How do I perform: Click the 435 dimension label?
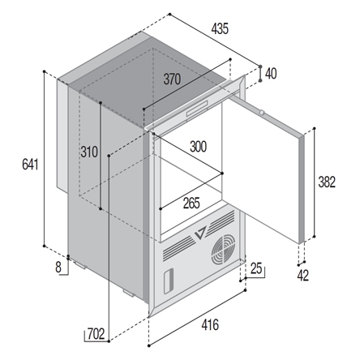coord(220,29)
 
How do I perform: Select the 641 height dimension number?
coord(30,165)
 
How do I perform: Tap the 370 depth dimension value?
coord(172,79)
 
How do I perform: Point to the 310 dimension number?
coord(89,152)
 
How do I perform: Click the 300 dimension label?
coord(199,147)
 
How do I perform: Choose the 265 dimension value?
coord(191,204)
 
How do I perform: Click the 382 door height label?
coord(327,182)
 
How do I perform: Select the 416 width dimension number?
coord(210,324)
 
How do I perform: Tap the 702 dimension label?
coord(96,334)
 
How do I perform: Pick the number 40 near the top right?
coord(271,74)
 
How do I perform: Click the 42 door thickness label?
coord(302,276)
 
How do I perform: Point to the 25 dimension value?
coord(256,268)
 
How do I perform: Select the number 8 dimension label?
coord(58,268)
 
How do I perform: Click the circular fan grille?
coord(223,250)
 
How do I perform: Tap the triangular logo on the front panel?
coord(201,233)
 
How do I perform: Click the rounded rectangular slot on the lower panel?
coord(169,281)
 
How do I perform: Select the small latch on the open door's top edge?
coord(261,112)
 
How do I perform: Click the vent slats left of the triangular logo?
coord(179,248)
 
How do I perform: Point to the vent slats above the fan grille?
coord(221,220)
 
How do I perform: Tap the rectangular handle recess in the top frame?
coord(197,108)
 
